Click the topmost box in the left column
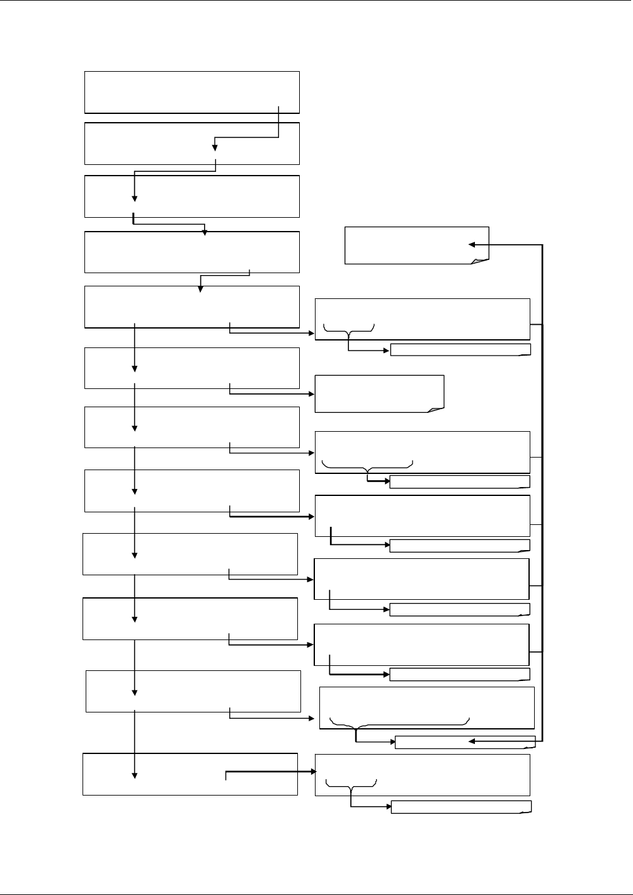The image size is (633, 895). click(192, 92)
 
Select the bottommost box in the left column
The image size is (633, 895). click(190, 774)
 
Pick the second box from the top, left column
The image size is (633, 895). click(192, 144)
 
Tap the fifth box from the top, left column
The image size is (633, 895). click(192, 307)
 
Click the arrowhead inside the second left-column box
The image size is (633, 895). click(215, 148)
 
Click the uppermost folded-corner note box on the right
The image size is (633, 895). click(416, 245)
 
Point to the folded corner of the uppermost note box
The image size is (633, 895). click(482, 260)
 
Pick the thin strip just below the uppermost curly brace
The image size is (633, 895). click(460, 350)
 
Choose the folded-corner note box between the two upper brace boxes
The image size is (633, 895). click(379, 393)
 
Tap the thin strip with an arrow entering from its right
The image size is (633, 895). click(465, 742)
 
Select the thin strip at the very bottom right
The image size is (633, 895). click(461, 807)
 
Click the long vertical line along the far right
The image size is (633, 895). click(542, 491)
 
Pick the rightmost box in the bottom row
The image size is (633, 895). click(423, 775)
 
